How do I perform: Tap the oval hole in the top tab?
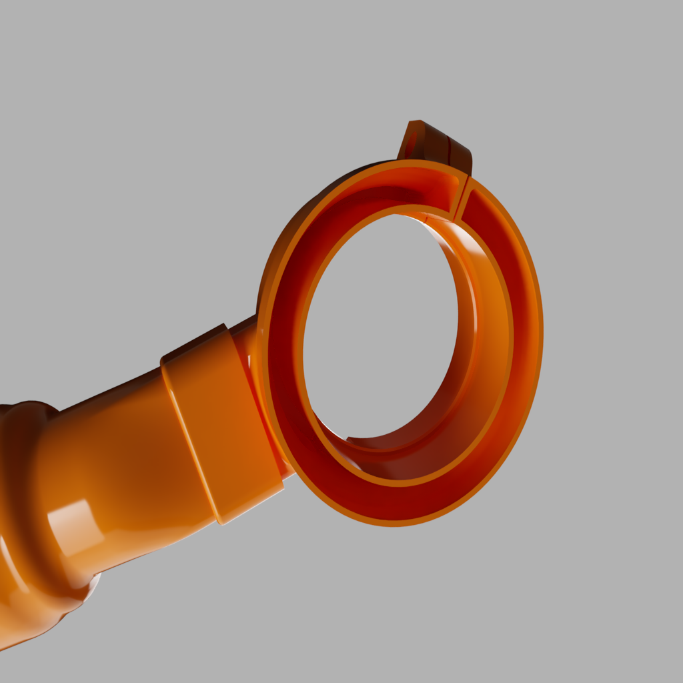pyautogui.click(x=412, y=143)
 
